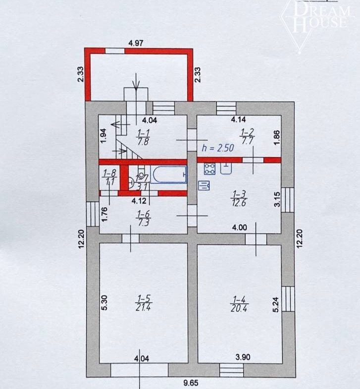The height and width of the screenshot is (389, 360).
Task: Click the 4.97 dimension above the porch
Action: click(136, 43)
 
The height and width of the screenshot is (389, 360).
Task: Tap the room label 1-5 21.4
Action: click(144, 303)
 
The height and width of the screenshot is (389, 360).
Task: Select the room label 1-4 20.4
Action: click(239, 304)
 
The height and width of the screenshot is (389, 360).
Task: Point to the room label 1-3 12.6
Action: click(239, 199)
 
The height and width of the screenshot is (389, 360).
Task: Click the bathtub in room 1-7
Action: click(168, 174)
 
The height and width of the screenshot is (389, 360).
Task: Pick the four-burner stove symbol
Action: click(209, 168)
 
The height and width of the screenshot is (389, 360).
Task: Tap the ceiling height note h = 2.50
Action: click(218, 148)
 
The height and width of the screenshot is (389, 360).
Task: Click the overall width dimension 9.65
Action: click(191, 383)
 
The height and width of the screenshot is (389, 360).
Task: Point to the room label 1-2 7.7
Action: click(247, 136)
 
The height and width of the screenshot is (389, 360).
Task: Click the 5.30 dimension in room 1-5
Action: click(104, 302)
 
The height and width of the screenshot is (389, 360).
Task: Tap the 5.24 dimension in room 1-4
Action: click(276, 304)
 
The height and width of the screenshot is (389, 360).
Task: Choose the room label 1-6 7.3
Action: click(144, 219)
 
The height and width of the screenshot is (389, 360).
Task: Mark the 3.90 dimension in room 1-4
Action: click(243, 357)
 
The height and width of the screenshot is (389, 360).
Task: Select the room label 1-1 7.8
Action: click(143, 137)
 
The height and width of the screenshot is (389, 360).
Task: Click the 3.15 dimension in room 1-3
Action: click(277, 199)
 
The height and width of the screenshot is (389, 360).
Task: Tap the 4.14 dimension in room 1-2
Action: click(238, 119)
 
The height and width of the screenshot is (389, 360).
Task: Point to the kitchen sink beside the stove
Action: click(226, 168)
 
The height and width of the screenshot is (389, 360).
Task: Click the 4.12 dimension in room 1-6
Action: click(139, 201)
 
